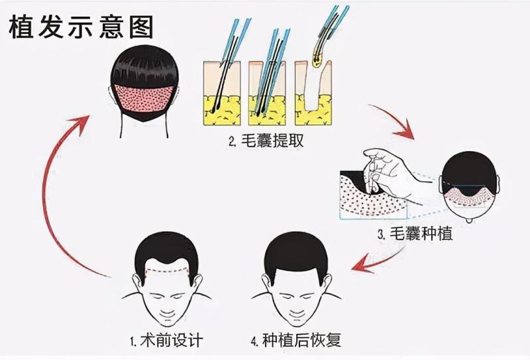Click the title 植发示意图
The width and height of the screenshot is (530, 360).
pyautogui.click(x=81, y=27)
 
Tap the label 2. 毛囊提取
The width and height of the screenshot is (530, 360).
pyautogui.click(x=266, y=141)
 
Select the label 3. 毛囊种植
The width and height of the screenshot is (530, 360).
pyautogui.click(x=415, y=234)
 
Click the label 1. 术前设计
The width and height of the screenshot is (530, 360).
pyautogui.click(x=167, y=339)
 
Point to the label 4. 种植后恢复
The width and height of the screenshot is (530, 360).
pyautogui.click(x=296, y=339)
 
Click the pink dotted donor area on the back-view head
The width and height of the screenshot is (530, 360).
pyautogui.click(x=144, y=98)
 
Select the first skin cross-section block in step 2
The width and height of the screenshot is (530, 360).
pyautogui.click(x=222, y=93)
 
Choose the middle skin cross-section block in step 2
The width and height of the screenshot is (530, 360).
pyautogui.click(x=267, y=93)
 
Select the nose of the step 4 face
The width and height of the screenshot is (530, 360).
pyautogui.click(x=297, y=307)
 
